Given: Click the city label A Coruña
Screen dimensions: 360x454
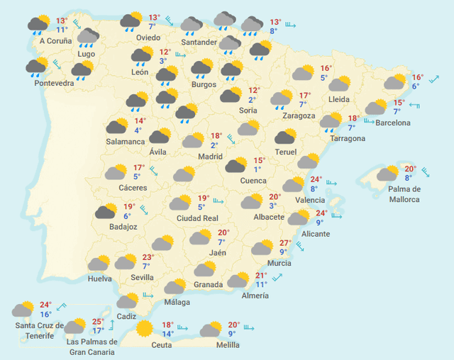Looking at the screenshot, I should [x=55, y=41].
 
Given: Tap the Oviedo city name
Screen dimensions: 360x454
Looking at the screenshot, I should [x=148, y=38].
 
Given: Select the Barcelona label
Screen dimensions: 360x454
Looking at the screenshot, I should [x=392, y=123].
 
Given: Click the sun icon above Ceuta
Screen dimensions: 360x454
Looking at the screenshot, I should [x=145, y=328].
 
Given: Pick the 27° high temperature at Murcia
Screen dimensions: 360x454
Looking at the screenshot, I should [x=285, y=242].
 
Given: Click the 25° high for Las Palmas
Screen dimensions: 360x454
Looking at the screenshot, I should [x=98, y=322].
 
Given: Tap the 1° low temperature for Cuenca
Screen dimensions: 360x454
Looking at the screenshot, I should [x=257, y=169].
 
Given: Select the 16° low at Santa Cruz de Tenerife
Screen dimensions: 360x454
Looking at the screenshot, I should [x=45, y=314].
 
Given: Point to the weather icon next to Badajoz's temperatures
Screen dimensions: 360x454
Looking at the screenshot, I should [x=106, y=211].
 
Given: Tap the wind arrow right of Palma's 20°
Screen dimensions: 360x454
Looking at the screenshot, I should [x=425, y=171].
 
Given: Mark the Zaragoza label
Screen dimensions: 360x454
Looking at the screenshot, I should [x=298, y=116].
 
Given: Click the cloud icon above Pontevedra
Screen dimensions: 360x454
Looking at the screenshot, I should [x=37, y=67].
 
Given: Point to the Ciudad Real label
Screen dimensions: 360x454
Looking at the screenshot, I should [x=197, y=218].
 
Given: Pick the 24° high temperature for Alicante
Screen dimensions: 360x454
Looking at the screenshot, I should [x=321, y=213].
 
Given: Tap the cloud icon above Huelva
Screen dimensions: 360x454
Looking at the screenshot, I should [x=99, y=264].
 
